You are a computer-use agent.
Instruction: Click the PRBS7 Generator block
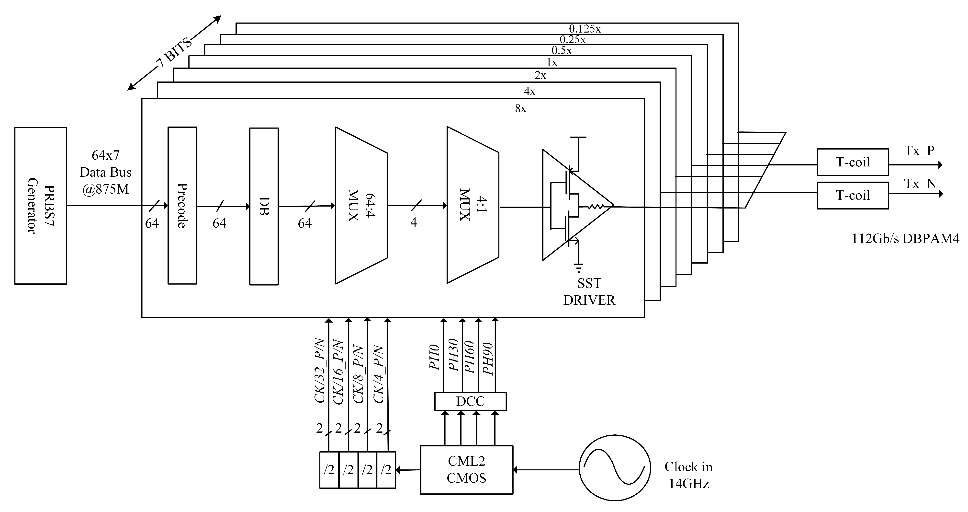41,205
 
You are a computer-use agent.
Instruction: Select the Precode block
182,205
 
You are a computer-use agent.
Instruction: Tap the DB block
264,206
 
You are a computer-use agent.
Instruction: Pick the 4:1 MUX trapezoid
472,205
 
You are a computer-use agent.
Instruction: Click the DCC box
470,401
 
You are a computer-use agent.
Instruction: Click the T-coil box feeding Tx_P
852,162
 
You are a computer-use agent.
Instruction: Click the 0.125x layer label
585,29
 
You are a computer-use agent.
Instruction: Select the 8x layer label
520,109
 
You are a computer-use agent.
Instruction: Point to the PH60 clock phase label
469,357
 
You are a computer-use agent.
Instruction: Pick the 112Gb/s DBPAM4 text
905,238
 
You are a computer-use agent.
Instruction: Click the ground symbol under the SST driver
579,268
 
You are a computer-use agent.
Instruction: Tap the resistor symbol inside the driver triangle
596,206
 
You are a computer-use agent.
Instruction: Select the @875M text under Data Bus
106,189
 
